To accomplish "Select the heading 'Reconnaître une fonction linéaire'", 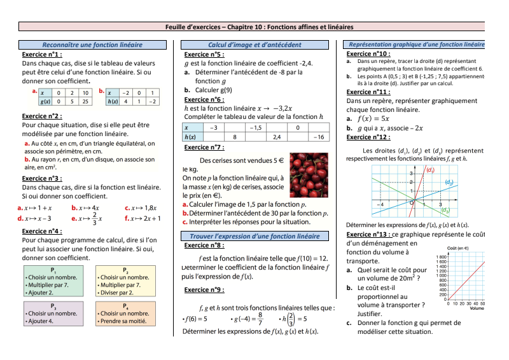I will click(92, 45).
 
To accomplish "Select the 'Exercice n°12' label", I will click(368, 137).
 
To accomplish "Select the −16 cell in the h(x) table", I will click(319, 137).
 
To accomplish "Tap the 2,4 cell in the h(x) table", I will click(277, 137).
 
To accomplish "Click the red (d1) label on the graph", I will click(430, 170).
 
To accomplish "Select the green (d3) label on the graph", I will click(445, 210).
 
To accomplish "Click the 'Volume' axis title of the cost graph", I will click(477, 308).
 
